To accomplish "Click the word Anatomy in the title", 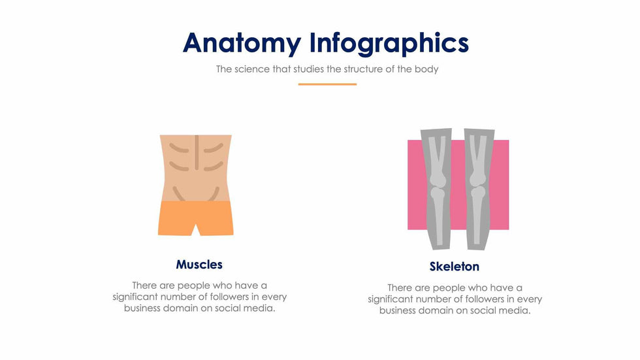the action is click(x=242, y=43).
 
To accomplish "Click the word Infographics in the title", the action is click(x=389, y=43).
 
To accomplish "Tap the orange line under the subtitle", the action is click(x=327, y=84).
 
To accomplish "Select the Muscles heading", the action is click(x=199, y=265).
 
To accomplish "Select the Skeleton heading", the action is click(x=455, y=267).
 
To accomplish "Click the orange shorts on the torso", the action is click(x=196, y=218).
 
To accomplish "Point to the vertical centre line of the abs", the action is click(x=197, y=152).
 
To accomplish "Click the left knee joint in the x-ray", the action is click(x=438, y=186).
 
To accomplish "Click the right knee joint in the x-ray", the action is click(x=477, y=186).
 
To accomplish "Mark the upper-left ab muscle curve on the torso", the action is click(x=179, y=148).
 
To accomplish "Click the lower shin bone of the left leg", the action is click(x=438, y=220).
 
